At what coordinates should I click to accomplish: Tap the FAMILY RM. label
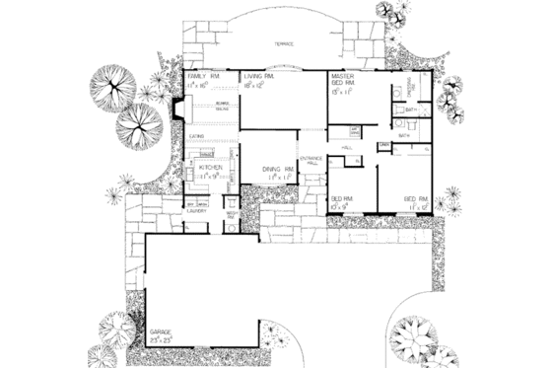point(201,76)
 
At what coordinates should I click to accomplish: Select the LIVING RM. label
point(260,76)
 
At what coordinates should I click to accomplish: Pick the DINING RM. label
point(279,169)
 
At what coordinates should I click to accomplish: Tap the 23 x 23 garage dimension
point(162,340)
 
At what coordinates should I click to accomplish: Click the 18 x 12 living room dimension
point(258,85)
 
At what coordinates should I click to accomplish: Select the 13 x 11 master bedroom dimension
point(343,95)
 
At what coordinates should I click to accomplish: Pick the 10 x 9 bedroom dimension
point(340,206)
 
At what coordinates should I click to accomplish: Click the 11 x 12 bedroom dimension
point(415,206)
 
